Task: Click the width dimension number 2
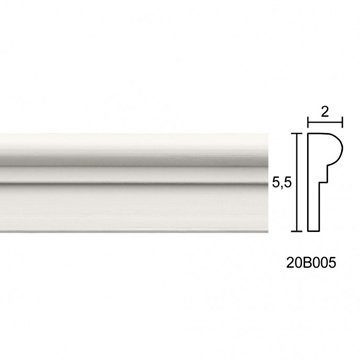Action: tap(325, 112)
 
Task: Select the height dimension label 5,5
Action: tap(282, 183)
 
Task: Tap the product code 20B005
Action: tap(311, 263)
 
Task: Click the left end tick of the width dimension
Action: tap(308, 122)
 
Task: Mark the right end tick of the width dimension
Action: tap(342, 122)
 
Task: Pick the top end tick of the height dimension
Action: tap(297, 133)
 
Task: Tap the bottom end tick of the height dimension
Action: tap(297, 231)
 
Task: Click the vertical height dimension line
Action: tap(297, 182)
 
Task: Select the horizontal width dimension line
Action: tap(325, 122)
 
